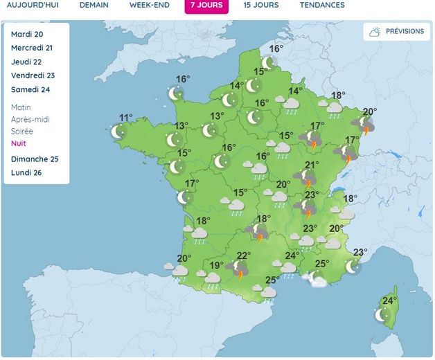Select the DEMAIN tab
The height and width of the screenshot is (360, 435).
click(x=94, y=5)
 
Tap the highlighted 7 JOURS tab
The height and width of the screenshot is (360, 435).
click(x=206, y=5)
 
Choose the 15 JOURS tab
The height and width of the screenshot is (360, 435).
click(x=261, y=5)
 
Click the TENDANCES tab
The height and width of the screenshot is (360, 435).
click(x=322, y=5)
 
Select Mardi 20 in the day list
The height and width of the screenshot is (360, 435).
click(x=27, y=34)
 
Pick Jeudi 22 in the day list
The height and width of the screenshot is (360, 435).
click(x=26, y=62)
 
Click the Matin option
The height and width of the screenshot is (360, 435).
click(x=21, y=107)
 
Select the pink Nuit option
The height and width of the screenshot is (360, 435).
click(x=19, y=143)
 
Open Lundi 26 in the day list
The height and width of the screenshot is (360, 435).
click(x=26, y=172)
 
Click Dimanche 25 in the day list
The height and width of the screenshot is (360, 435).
click(x=35, y=159)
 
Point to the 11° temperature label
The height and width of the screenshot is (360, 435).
click(x=125, y=118)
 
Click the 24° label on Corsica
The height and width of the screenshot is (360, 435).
click(x=389, y=300)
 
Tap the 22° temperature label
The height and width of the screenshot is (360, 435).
click(x=244, y=255)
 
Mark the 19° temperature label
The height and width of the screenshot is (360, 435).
click(x=216, y=265)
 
